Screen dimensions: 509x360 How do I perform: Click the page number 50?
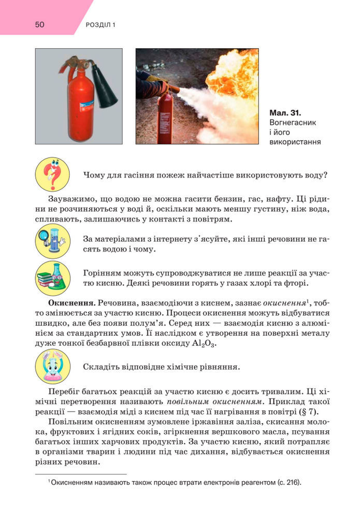pos(40,24)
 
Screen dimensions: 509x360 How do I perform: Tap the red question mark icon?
pos(52,174)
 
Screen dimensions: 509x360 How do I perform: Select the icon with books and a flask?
pos(52,278)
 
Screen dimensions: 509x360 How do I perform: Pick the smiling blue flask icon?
pos(52,367)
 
